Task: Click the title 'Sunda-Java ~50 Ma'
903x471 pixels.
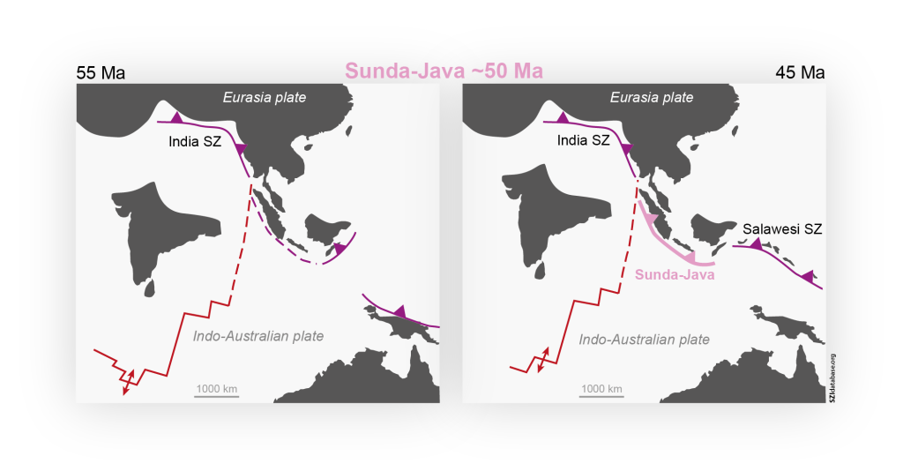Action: pyautogui.click(x=443, y=71)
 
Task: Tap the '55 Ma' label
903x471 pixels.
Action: pyautogui.click(x=101, y=73)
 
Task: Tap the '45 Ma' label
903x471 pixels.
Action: pyautogui.click(x=800, y=73)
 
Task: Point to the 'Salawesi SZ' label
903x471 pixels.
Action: pyautogui.click(x=782, y=229)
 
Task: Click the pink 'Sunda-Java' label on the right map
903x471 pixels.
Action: pyautogui.click(x=674, y=275)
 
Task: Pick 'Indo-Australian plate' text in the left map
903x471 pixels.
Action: pyautogui.click(x=258, y=336)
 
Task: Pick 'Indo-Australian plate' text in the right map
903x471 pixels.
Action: pyautogui.click(x=644, y=339)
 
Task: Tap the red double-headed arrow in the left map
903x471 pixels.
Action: pyautogui.click(x=129, y=381)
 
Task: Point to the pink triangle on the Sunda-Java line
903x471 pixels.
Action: pyautogui.click(x=652, y=219)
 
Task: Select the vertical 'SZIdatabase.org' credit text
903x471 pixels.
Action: pyautogui.click(x=832, y=378)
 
